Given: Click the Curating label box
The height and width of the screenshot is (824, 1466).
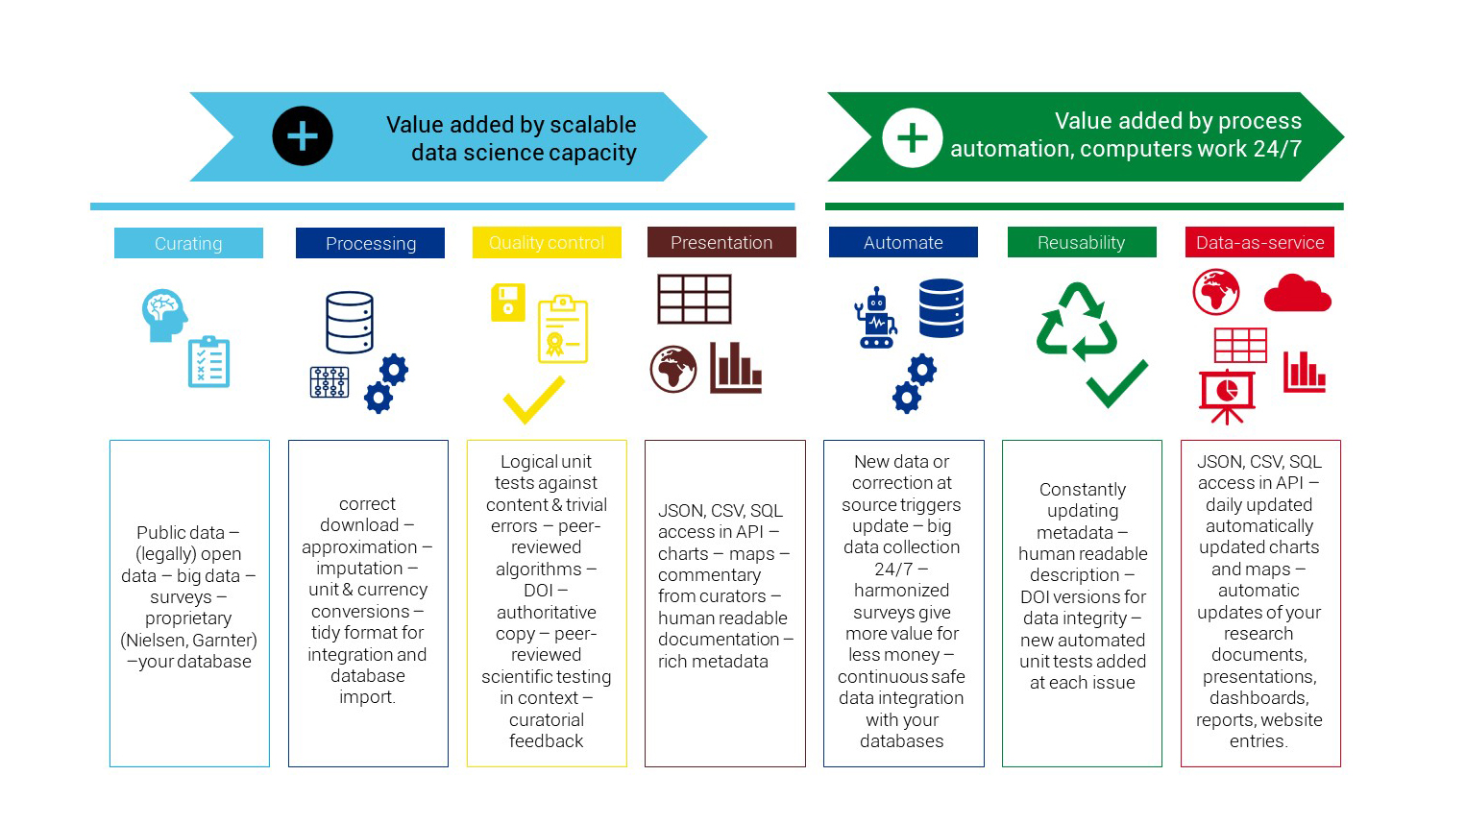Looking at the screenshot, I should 188,243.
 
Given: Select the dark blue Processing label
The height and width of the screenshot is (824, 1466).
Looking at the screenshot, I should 370,243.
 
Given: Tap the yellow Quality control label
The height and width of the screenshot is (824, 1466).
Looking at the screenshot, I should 547,243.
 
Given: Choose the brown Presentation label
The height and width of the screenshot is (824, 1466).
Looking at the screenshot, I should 721,242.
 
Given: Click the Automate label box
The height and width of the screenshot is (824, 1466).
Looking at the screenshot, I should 903,242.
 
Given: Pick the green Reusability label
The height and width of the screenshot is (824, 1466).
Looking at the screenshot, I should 1081,242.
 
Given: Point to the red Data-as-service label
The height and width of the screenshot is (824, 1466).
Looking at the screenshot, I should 1259,242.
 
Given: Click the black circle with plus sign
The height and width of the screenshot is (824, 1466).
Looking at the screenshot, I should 303,136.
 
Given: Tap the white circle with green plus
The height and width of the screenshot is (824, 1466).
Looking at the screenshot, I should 912,137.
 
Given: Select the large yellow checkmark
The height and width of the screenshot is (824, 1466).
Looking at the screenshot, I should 534,400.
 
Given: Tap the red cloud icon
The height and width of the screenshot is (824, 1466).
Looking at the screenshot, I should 1297,294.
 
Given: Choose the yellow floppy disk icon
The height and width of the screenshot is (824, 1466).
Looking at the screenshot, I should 508,303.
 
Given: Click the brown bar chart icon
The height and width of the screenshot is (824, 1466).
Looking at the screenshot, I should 736,369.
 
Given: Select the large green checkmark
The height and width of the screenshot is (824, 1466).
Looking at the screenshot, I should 1117,383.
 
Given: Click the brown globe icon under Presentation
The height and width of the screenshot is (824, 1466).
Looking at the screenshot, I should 673,370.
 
